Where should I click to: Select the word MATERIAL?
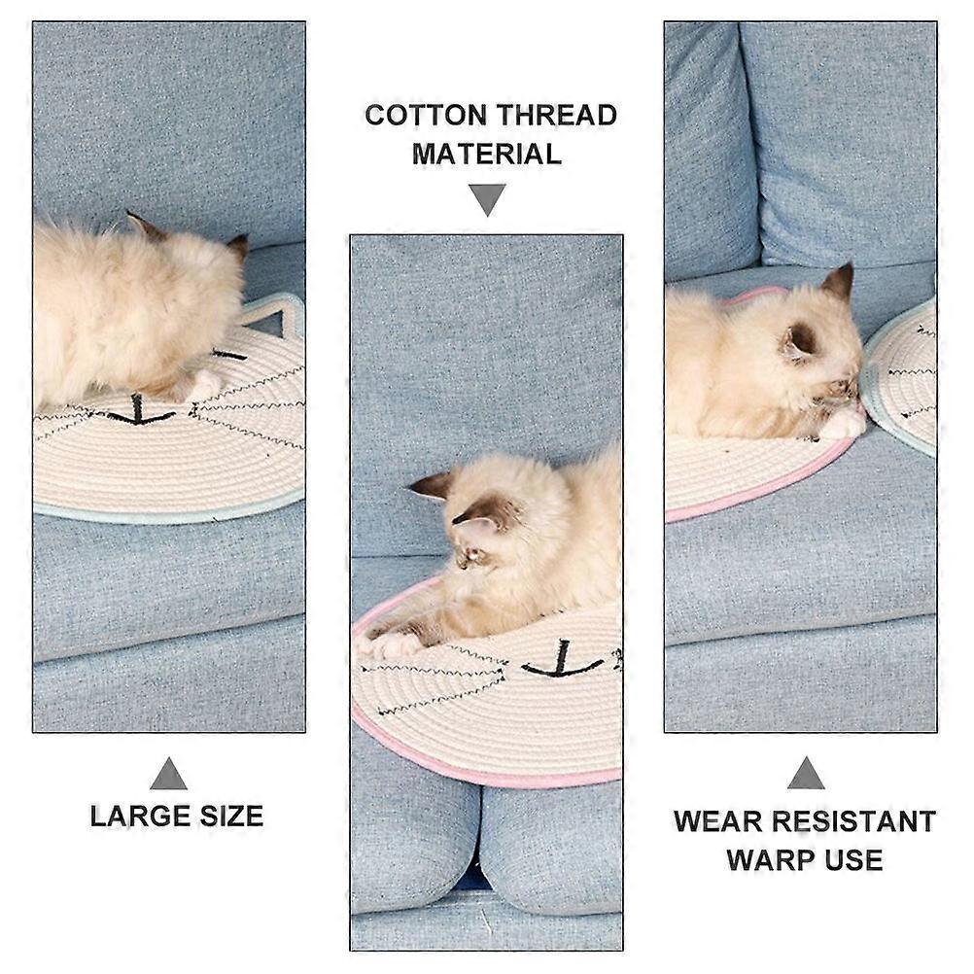(x=487, y=154)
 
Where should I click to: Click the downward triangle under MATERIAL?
(x=487, y=197)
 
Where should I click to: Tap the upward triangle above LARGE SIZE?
(x=168, y=776)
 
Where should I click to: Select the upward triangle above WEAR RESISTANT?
(x=806, y=774)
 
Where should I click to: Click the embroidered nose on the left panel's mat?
(x=140, y=412)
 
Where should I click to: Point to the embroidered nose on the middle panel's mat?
(x=562, y=662)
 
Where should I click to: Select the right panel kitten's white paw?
(x=842, y=425)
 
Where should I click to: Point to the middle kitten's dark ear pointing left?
(x=432, y=484)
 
